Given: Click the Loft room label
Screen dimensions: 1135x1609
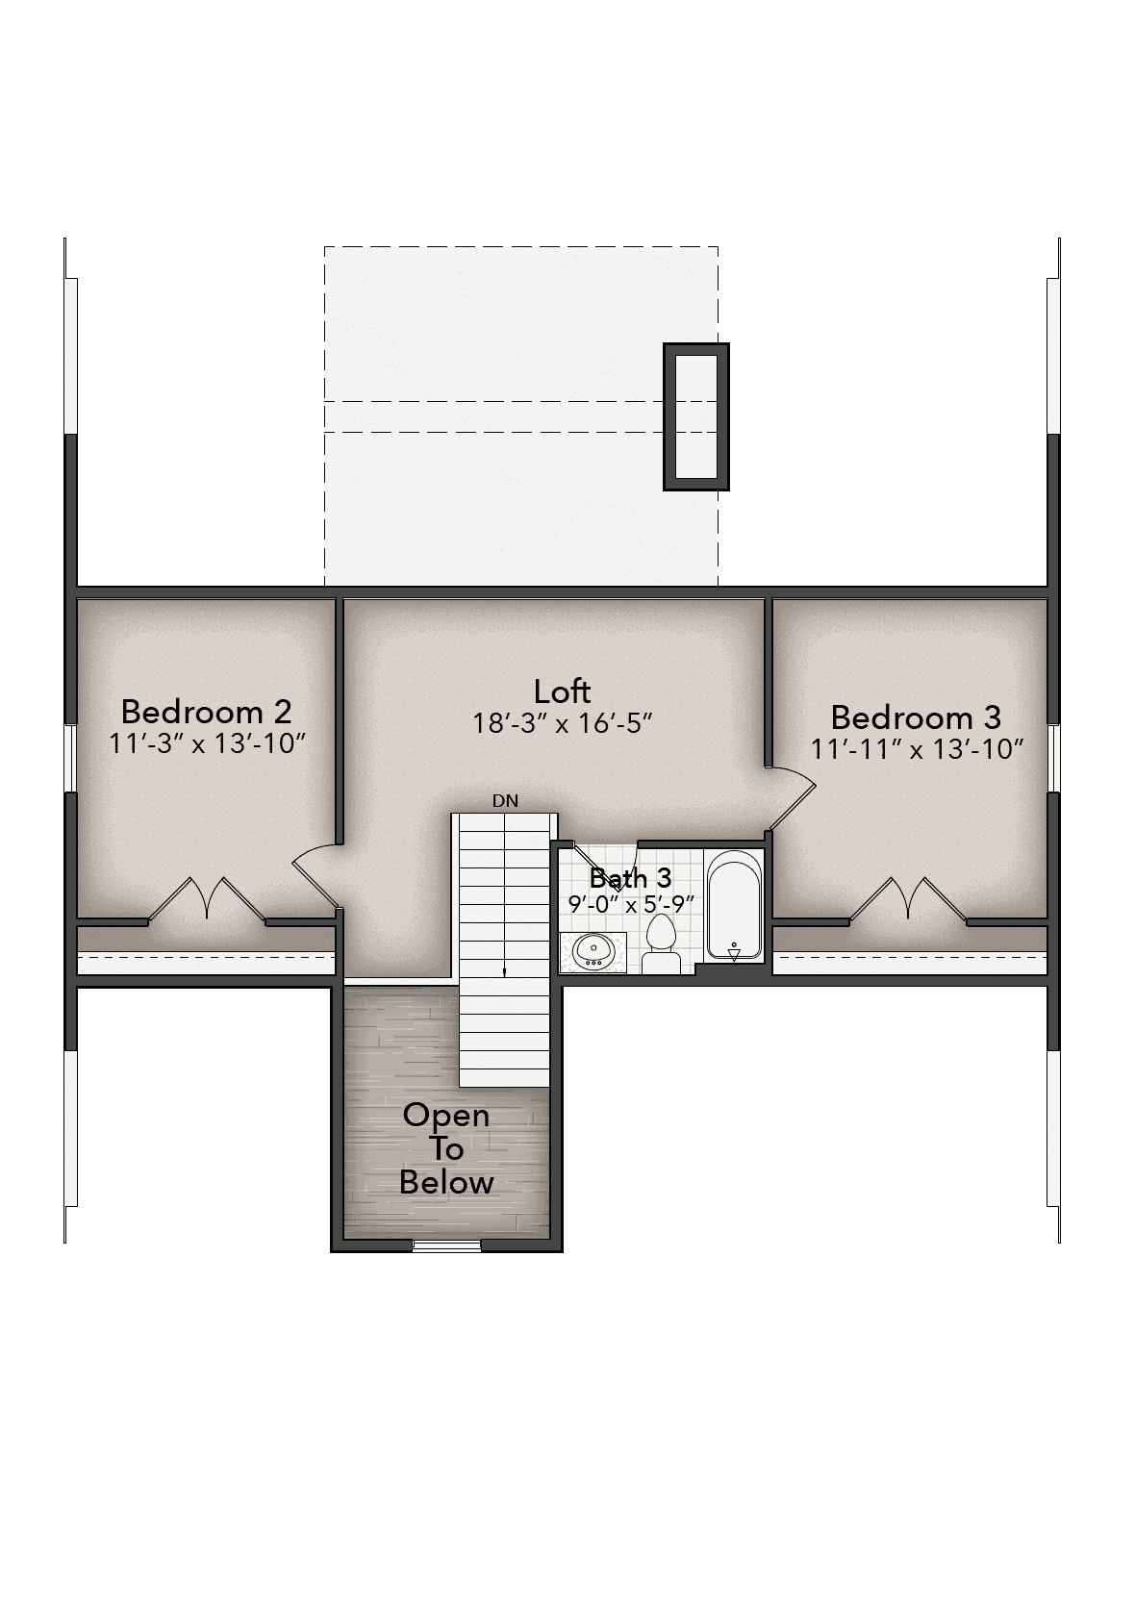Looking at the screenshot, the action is click(x=562, y=691).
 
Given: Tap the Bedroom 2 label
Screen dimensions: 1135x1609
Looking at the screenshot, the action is click(x=206, y=712).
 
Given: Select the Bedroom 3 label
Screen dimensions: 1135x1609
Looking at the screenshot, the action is click(x=916, y=717).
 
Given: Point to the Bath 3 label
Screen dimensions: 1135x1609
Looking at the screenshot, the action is click(x=631, y=878).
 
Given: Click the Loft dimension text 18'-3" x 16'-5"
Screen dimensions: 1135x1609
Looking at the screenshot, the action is click(x=562, y=722).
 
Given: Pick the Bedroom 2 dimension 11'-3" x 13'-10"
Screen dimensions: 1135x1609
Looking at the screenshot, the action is click(x=208, y=742).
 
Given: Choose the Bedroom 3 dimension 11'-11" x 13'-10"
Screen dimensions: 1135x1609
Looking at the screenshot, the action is click(x=917, y=749).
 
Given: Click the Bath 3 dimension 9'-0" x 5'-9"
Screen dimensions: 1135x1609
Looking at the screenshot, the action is click(x=631, y=904).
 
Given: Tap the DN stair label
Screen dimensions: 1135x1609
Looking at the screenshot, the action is click(x=505, y=801).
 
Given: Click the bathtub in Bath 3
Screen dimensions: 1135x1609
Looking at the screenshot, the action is click(x=734, y=905).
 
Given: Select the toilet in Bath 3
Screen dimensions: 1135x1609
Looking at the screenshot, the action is click(x=660, y=944).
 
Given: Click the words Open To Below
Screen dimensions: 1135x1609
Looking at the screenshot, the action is click(x=446, y=1148).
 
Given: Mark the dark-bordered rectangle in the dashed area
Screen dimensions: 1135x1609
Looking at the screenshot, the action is click(x=696, y=416).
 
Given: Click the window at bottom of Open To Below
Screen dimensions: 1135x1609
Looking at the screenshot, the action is click(x=446, y=1246).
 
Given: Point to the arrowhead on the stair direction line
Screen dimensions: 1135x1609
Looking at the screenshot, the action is click(x=504, y=973).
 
